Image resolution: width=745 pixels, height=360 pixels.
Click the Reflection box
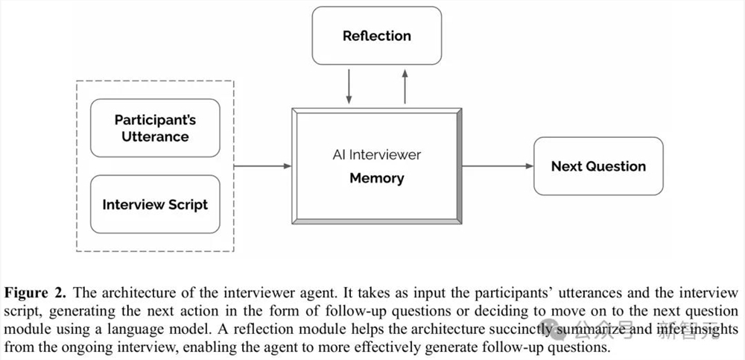[376, 36]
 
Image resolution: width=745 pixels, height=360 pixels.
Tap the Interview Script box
[155, 204]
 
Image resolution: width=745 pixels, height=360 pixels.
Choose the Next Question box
[598, 166]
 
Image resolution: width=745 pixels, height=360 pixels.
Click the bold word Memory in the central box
[376, 178]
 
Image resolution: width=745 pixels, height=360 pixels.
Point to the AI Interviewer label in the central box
[376, 155]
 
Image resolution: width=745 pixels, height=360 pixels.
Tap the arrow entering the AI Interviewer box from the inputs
[262, 166]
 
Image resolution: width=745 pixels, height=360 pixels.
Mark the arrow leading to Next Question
[497, 166]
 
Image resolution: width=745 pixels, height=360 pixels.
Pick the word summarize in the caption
[584, 329]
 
